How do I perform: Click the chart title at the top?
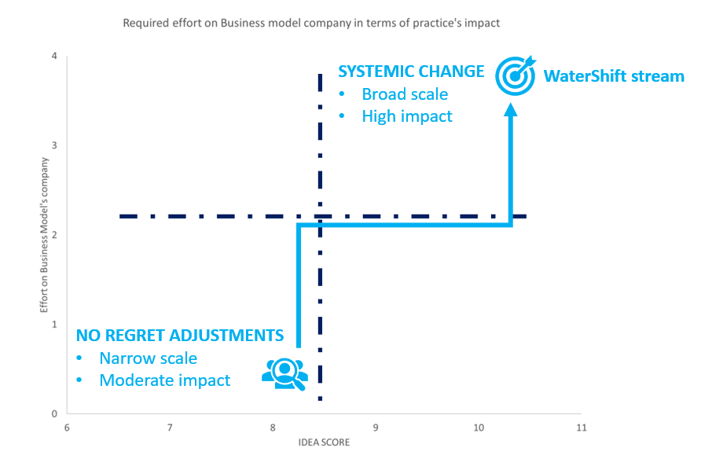coord(311,23)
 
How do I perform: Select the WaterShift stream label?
coord(614,76)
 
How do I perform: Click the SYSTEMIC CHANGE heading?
coord(411,72)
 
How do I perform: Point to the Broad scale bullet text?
coord(405,94)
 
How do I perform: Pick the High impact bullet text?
coord(407,116)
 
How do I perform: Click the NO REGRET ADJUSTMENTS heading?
coord(180,336)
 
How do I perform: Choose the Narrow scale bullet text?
coord(148,358)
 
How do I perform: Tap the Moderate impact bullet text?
coord(164,380)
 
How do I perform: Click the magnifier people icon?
coord(284,373)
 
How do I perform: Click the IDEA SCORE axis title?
coord(323,442)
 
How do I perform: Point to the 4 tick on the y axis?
coord(54,56)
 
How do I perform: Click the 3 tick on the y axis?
coord(54,145)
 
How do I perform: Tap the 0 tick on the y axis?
coord(54,414)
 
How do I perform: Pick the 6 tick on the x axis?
coord(67,428)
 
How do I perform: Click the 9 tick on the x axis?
coord(376,428)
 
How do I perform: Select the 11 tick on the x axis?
coord(582,428)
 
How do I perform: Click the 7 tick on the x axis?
coord(170,428)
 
